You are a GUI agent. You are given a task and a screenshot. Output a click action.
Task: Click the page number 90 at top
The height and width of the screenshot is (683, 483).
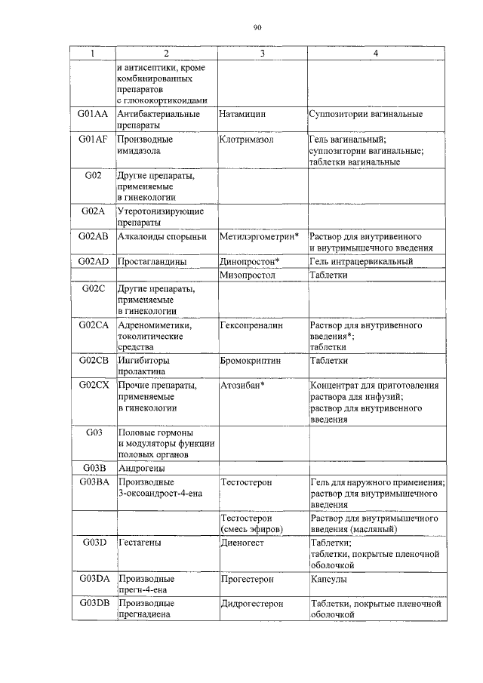257,28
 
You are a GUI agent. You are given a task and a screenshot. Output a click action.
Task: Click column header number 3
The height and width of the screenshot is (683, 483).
261,54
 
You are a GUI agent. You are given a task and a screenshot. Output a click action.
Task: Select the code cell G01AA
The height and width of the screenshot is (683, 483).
93,114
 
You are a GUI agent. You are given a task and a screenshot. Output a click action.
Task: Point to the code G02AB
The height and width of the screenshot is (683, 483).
93,236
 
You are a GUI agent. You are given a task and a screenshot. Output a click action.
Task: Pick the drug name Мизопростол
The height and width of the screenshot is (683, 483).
249,275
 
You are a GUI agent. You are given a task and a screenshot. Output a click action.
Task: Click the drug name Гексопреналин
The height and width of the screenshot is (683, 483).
251,325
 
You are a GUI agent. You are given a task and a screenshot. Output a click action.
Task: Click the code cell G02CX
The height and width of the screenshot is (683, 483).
93,386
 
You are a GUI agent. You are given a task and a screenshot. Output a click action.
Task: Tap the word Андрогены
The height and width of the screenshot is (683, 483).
142,468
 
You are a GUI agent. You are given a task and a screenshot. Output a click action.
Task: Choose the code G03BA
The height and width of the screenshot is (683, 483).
93,481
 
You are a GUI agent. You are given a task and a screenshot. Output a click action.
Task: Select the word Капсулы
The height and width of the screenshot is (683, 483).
329,579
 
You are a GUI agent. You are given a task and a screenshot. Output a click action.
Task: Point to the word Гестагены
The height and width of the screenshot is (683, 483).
140,542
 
